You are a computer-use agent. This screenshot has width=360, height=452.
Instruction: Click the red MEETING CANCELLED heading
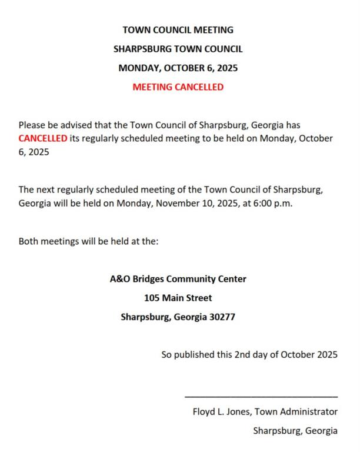tap(178, 87)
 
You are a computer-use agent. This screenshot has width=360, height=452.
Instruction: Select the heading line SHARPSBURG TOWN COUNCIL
tap(178, 49)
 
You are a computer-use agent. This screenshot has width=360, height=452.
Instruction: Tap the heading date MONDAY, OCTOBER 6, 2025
tap(178, 68)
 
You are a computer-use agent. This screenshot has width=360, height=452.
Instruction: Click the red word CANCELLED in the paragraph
tap(43, 138)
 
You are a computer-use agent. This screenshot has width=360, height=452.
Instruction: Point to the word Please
tap(33, 125)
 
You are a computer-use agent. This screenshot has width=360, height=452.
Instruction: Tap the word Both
tap(29, 241)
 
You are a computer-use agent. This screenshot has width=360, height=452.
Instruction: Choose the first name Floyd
tap(204, 411)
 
